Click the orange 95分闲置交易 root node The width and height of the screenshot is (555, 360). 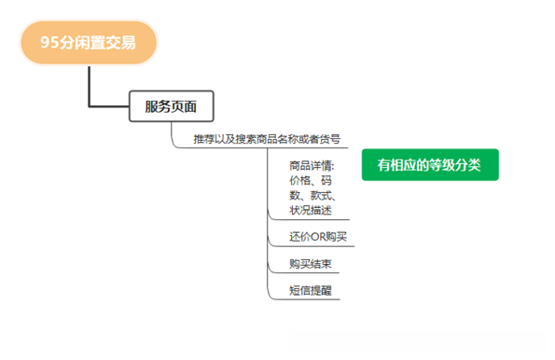coord(89,43)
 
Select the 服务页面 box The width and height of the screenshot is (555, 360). coord(171,105)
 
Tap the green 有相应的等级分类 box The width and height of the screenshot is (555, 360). coord(430,165)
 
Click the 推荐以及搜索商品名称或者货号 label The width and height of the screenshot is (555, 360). coord(266,139)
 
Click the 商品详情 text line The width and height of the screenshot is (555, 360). coord(312,165)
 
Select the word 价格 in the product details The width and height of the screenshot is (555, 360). coord(301,180)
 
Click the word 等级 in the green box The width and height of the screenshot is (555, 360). coord(445,165)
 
